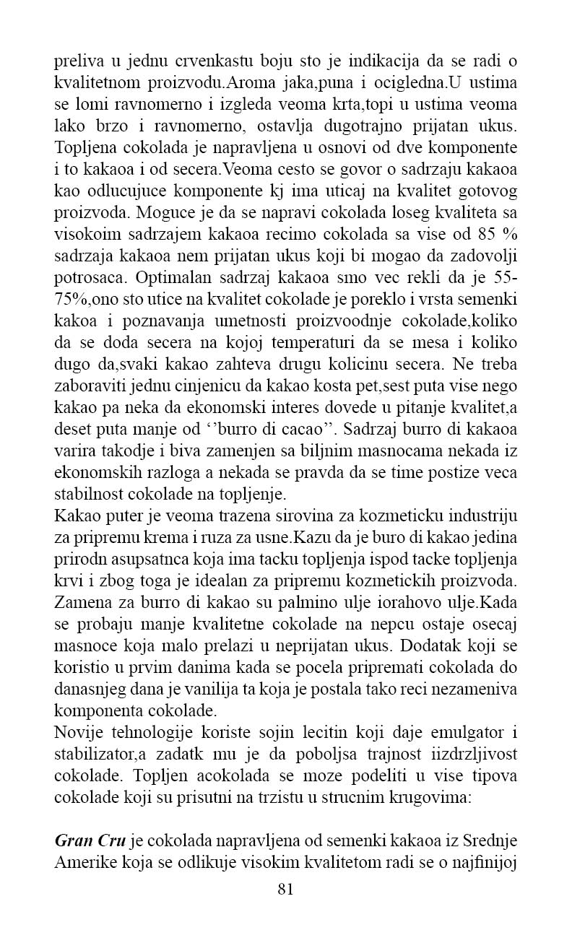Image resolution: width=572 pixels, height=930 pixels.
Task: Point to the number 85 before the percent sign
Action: click(488, 233)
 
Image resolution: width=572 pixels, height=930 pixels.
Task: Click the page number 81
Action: click(285, 889)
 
